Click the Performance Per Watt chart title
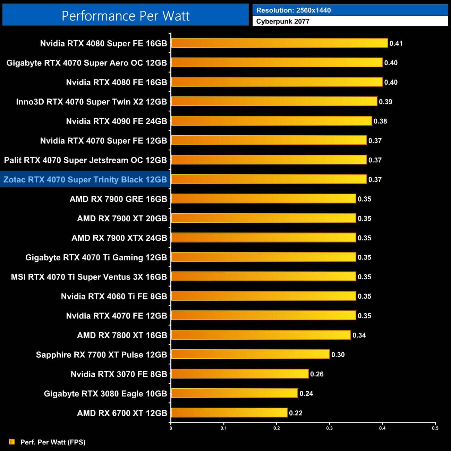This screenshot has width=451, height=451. (126, 16)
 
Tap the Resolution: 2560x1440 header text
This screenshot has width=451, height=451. (293, 10)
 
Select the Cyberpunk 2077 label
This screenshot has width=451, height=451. (283, 21)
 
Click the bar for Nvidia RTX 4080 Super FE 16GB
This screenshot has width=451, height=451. (279, 43)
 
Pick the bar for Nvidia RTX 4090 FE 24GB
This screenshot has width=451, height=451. (271, 121)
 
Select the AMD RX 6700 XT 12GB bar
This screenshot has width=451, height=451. (229, 412)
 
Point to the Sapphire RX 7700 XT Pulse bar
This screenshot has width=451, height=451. (250, 354)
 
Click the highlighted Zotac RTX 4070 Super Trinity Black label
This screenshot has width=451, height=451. (85, 179)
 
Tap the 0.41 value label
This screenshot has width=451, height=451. (396, 43)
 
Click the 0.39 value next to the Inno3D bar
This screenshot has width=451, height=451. (385, 102)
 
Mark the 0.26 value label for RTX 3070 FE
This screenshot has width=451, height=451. (317, 374)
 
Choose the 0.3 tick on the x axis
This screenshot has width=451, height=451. (329, 428)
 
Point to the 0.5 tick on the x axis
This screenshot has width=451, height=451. (435, 428)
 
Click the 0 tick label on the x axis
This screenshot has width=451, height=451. (171, 428)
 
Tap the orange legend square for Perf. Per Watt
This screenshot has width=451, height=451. (12, 442)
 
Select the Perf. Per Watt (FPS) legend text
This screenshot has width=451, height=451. (53, 442)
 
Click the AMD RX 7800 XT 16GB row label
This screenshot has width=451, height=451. (122, 335)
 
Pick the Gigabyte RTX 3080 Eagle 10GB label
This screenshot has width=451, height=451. (105, 393)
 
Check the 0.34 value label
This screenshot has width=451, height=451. (359, 335)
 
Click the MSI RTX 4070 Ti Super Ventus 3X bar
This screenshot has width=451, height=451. (263, 276)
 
